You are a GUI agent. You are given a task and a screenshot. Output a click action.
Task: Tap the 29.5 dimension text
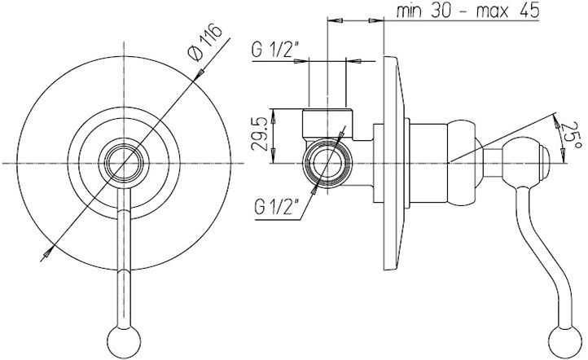click(260, 134)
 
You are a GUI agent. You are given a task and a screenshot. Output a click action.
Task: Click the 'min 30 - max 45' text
click(468, 11)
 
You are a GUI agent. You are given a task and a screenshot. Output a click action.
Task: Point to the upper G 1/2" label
click(275, 50)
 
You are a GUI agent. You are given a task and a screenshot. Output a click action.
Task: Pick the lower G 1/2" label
click(276, 207)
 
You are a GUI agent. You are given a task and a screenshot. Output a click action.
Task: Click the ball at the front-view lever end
click(124, 341)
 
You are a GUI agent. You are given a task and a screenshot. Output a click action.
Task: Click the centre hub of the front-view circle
click(124, 163)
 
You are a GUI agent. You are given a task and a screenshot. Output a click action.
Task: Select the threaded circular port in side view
click(327, 164)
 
